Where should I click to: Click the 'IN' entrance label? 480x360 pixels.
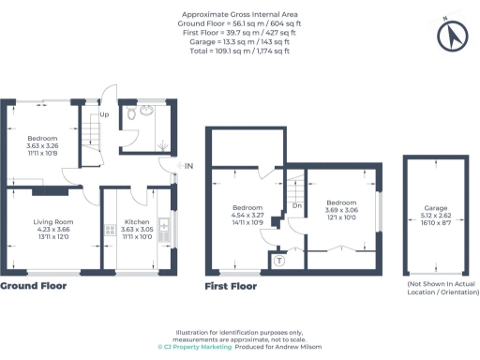(188, 166)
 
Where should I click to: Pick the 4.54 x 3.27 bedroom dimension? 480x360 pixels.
(247, 215)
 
